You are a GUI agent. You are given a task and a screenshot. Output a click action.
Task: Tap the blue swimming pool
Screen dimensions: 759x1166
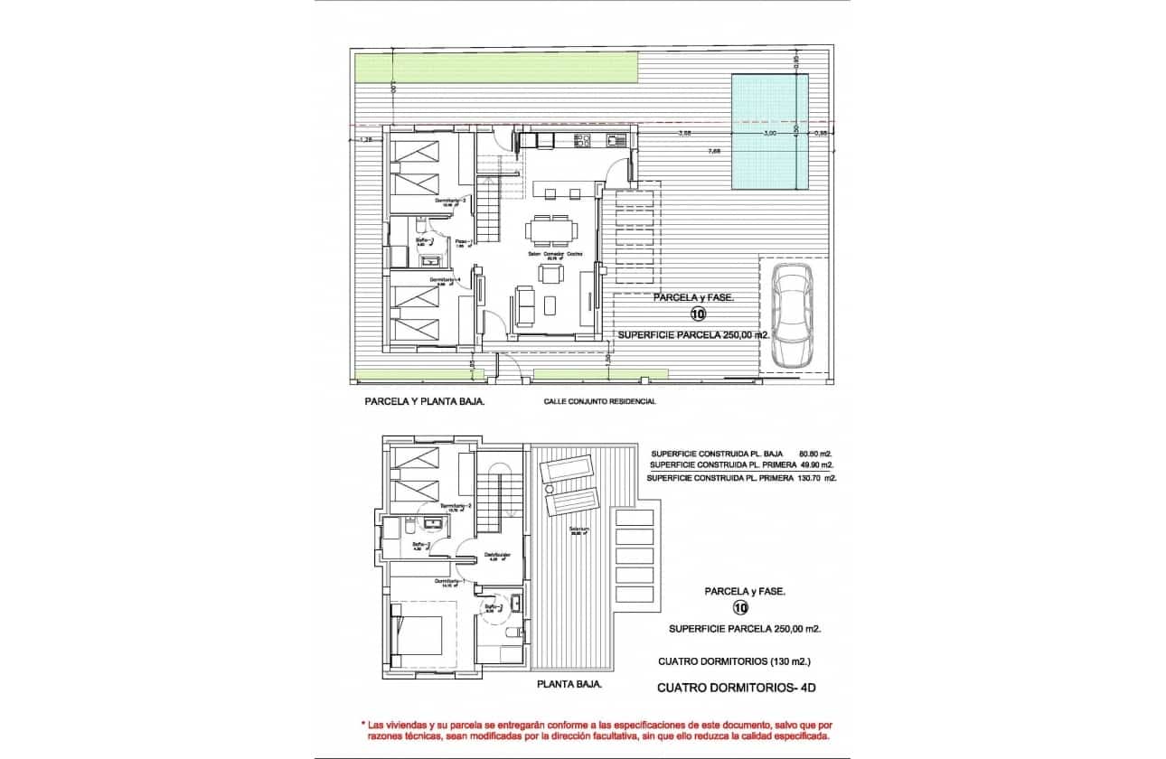click(769, 132)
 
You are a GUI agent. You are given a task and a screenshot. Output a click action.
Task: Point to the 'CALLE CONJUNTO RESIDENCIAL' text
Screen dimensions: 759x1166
click(599, 402)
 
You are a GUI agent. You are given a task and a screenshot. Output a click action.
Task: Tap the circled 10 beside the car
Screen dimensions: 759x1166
click(698, 314)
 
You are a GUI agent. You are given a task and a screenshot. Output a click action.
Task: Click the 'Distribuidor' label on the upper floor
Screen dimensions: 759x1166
click(498, 555)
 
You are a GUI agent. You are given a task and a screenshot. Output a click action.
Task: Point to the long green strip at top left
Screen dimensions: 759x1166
click(496, 66)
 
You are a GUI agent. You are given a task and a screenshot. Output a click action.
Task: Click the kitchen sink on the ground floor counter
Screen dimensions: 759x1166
click(616, 140)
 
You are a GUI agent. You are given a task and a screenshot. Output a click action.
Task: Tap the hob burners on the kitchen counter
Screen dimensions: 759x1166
click(583, 140)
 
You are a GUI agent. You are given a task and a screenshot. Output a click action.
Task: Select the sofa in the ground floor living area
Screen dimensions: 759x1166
click(524, 305)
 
